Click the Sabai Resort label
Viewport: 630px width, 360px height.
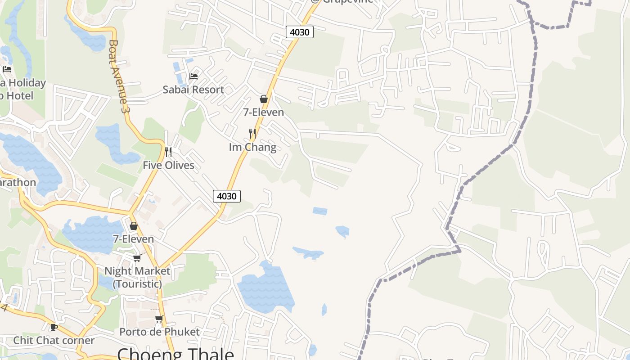(x=193, y=90)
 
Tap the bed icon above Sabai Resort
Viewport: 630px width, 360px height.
(x=193, y=76)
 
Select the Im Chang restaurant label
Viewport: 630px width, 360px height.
(x=252, y=147)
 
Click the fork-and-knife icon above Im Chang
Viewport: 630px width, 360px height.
(x=252, y=134)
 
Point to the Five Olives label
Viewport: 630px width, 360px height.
(x=168, y=165)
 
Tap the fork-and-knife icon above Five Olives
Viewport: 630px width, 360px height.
(x=168, y=152)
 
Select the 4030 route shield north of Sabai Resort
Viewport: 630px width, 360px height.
(x=299, y=32)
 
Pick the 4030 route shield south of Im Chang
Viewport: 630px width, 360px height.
(x=226, y=196)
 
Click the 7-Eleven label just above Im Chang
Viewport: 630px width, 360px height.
(x=264, y=112)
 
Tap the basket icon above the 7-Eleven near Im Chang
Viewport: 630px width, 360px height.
(x=264, y=99)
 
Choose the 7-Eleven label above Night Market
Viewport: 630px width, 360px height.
(x=133, y=239)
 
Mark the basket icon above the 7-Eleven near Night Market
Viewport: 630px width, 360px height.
(x=134, y=226)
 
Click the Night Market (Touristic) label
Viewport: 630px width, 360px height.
(x=137, y=277)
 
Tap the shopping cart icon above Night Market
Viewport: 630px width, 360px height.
(x=137, y=258)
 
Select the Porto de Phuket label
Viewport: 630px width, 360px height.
(x=159, y=332)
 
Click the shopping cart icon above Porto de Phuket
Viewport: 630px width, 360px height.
(x=159, y=319)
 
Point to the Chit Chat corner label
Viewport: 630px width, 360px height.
(x=54, y=340)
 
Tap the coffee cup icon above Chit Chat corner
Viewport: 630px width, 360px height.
(x=54, y=327)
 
